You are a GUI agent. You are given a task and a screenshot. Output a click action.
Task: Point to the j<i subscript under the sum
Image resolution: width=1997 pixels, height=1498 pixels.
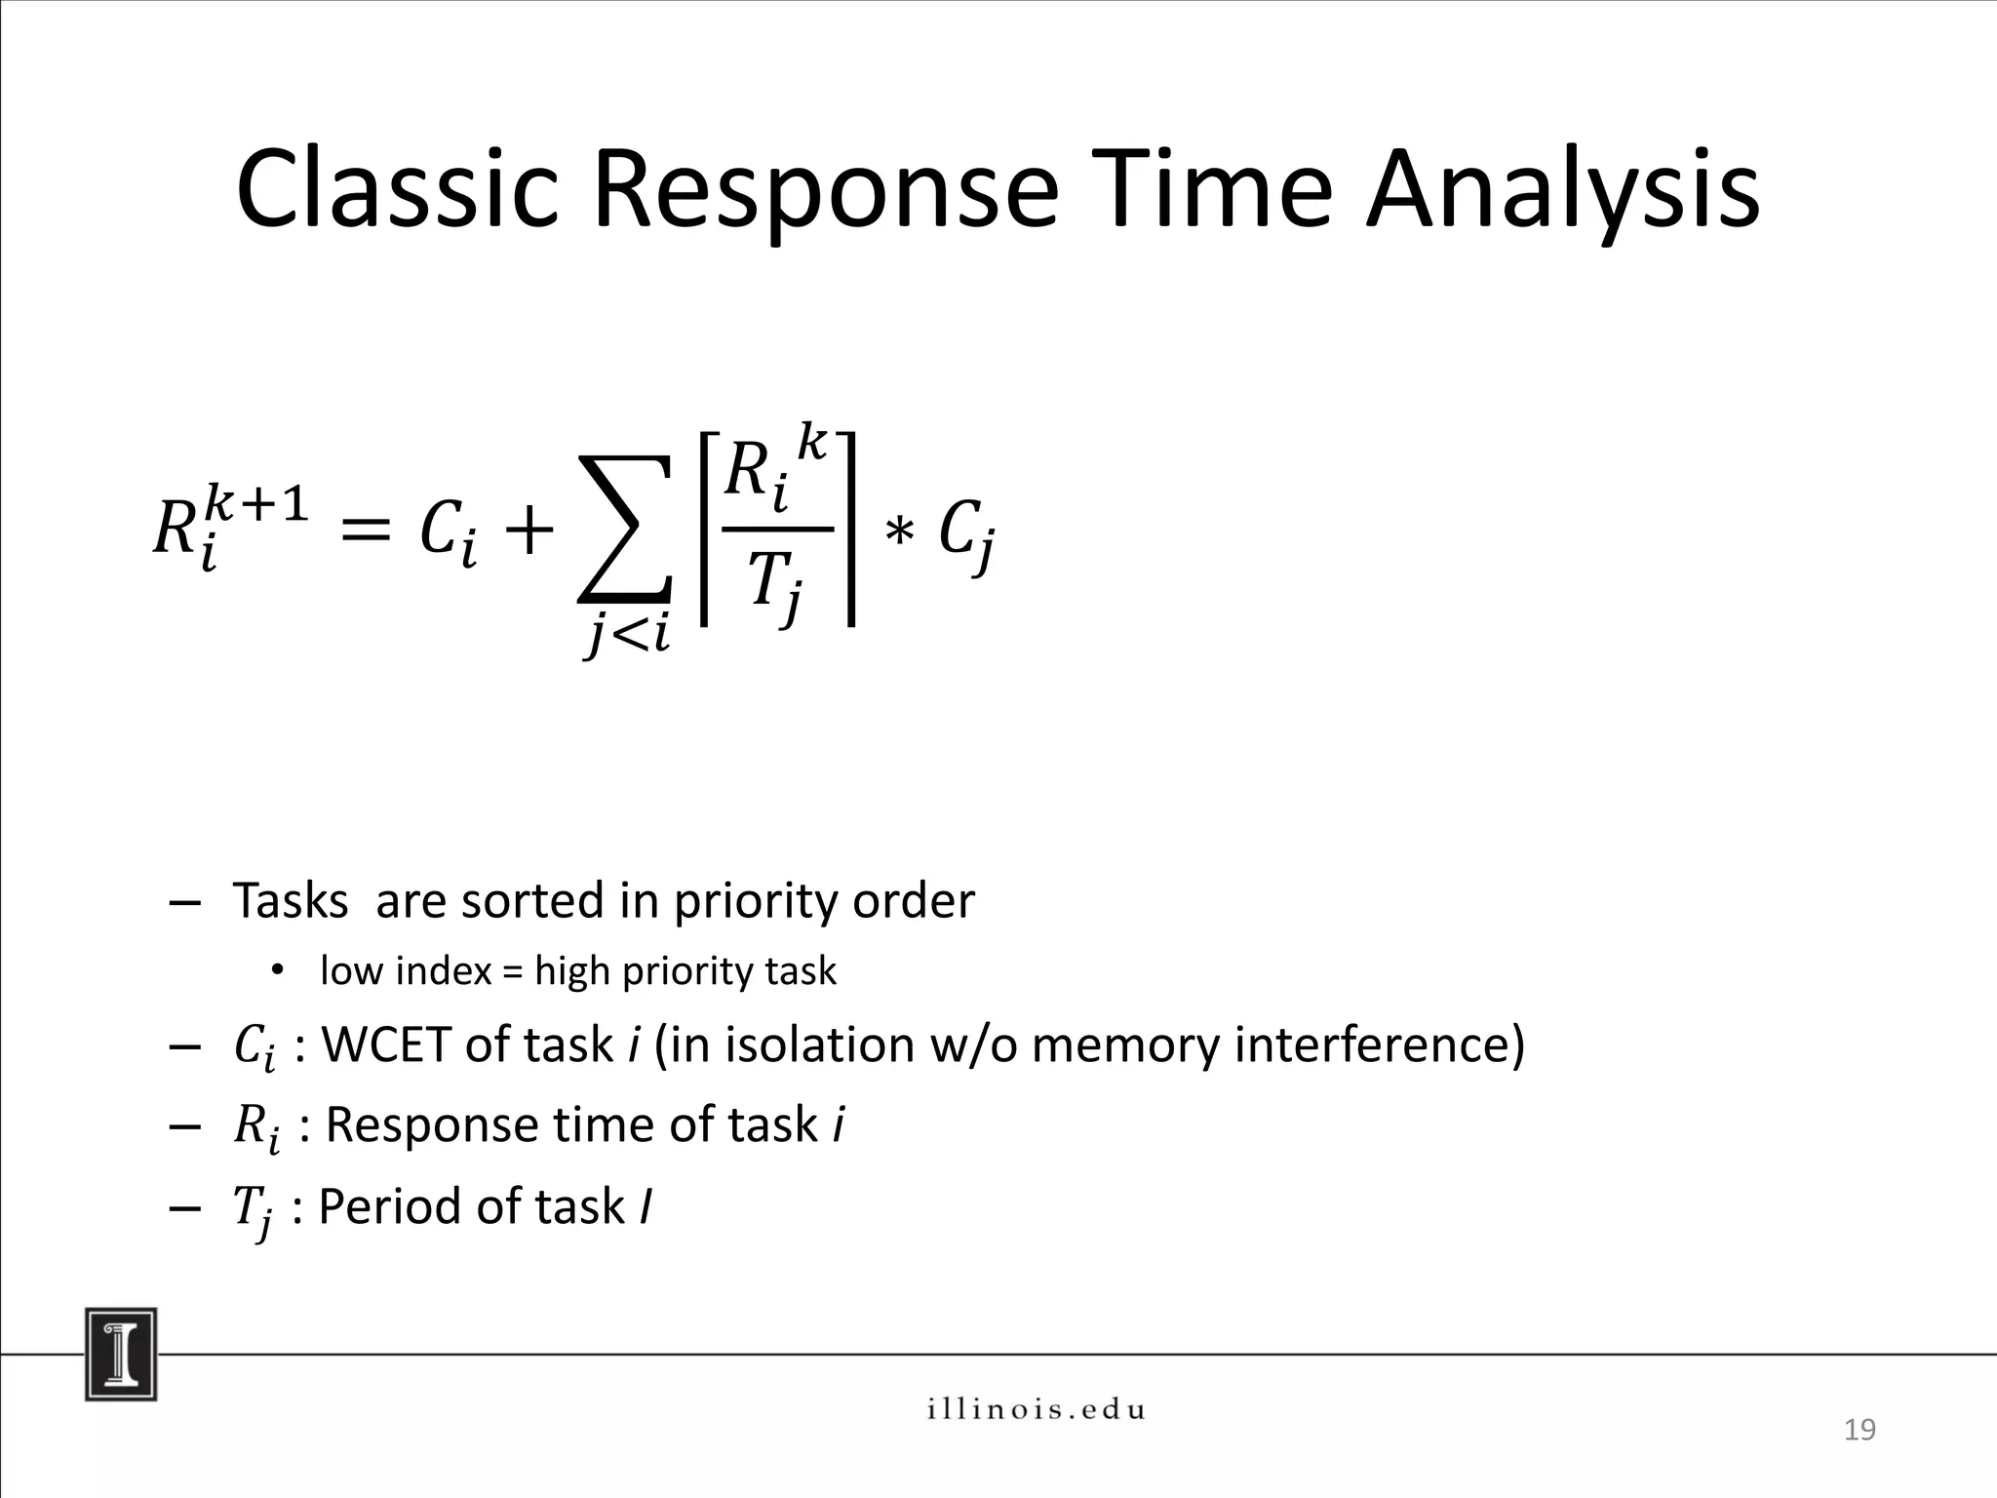(x=628, y=636)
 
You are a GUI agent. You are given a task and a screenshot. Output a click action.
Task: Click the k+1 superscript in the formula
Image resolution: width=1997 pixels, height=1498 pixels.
(x=257, y=505)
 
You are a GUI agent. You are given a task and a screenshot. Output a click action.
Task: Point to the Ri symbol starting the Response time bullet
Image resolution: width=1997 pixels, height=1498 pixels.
(x=256, y=1128)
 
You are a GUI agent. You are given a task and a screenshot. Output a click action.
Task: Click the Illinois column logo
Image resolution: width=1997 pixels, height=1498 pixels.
(x=121, y=1354)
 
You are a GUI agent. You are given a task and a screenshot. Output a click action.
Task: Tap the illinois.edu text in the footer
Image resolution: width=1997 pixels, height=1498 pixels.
(x=1036, y=1409)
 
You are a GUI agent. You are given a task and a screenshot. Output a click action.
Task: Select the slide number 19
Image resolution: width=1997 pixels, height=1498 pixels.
(x=1860, y=1430)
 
